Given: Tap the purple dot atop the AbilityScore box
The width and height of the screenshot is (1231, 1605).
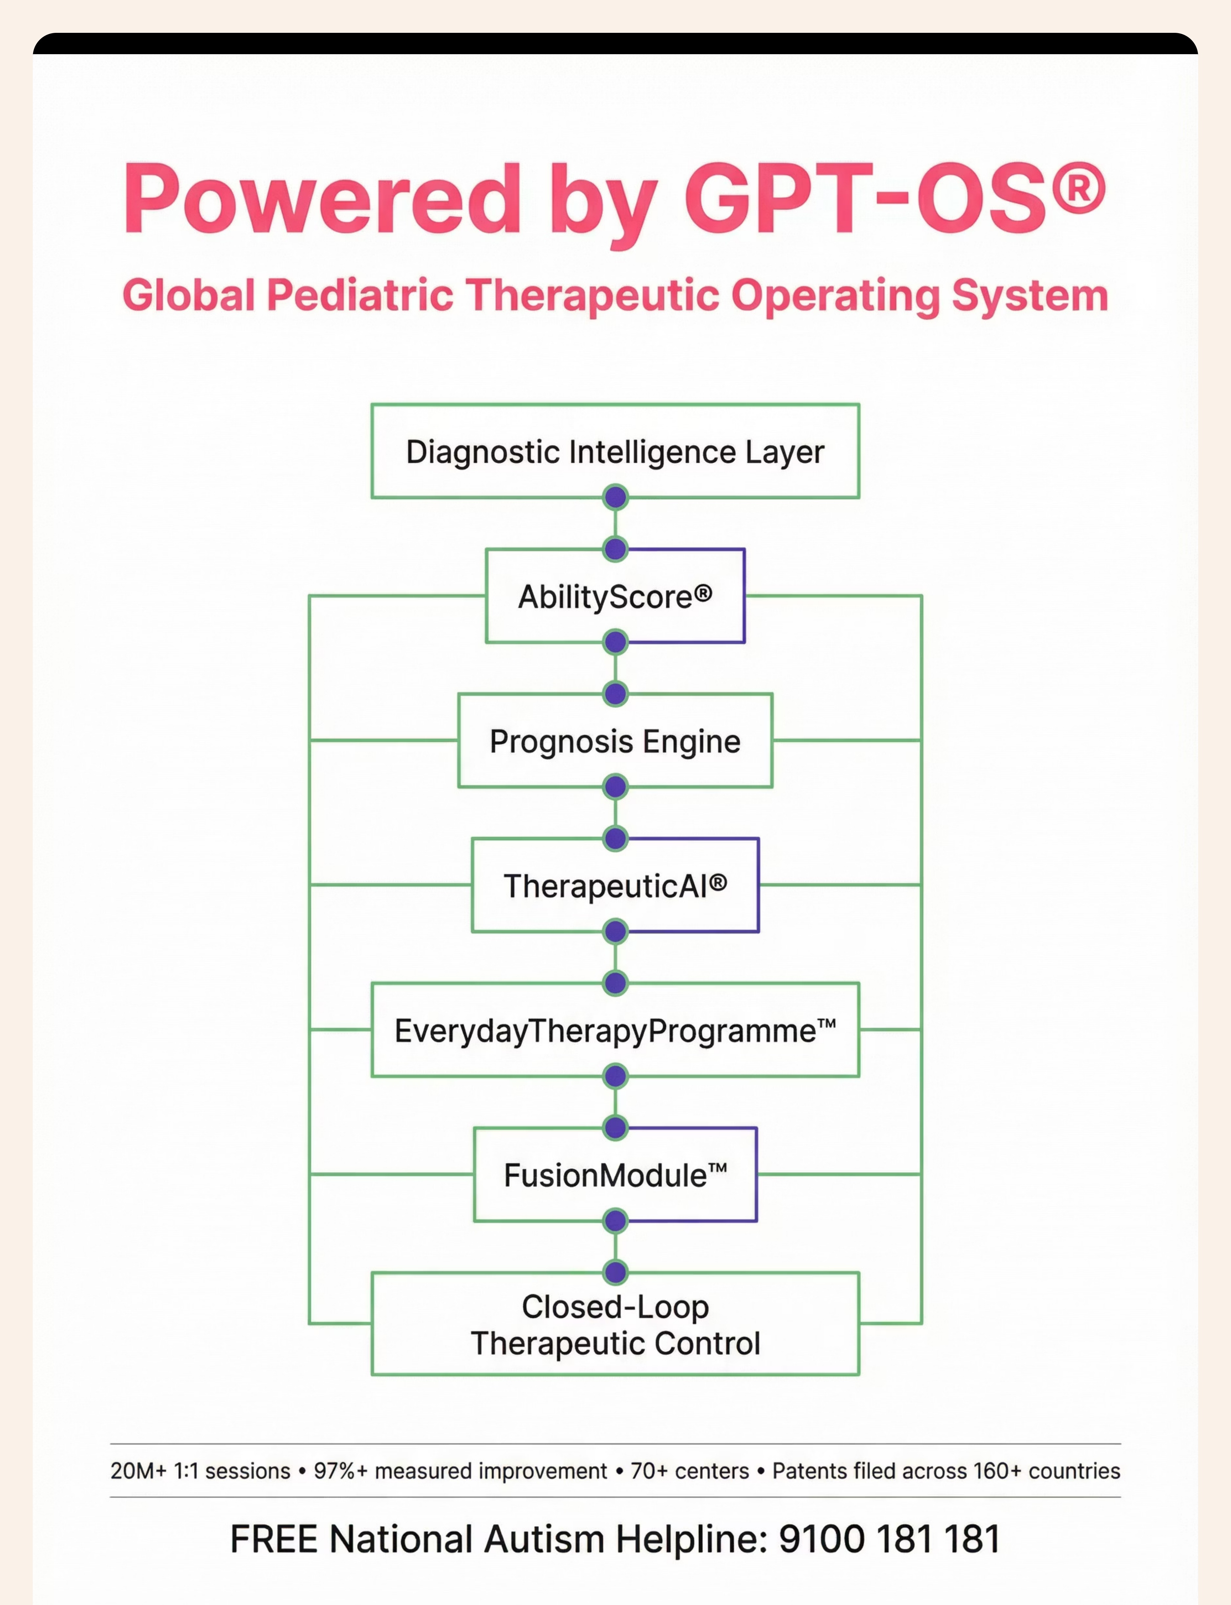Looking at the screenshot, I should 615,548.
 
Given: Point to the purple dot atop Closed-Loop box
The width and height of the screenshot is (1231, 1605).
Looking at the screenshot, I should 615,1272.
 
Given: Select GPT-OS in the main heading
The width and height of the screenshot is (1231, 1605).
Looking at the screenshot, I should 865,199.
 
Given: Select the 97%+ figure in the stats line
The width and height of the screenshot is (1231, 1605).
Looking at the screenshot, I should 340,1471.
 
